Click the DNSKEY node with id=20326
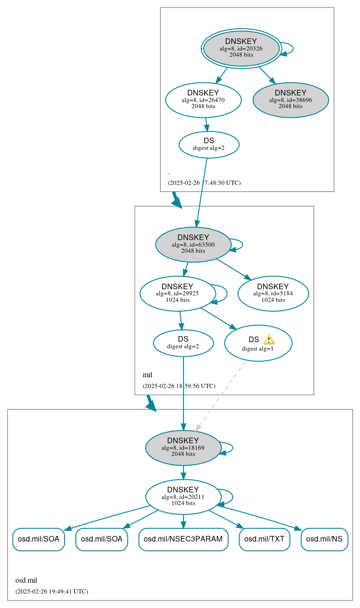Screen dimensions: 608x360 pyautogui.click(x=241, y=48)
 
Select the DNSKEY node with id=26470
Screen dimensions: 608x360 pyautogui.click(x=203, y=100)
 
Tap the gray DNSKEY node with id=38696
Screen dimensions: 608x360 pyautogui.click(x=290, y=100)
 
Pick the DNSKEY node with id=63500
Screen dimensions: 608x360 pyautogui.click(x=193, y=244)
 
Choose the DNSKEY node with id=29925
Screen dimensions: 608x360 pyautogui.click(x=177, y=293)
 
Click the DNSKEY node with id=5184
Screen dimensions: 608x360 pyautogui.click(x=273, y=293)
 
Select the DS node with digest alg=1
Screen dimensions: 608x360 pyautogui.click(x=258, y=344)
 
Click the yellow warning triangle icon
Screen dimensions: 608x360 pyautogui.click(x=269, y=339)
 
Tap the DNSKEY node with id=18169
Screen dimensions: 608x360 pyautogui.click(x=183, y=448)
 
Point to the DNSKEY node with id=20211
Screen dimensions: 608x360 pyautogui.click(x=183, y=497)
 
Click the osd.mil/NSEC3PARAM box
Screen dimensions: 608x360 pyautogui.click(x=183, y=539)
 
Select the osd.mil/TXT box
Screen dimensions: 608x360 pyautogui.click(x=264, y=539)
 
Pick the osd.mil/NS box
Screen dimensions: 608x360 pyautogui.click(x=324, y=539)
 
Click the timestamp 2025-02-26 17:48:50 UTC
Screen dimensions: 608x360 pyautogui.click(x=204, y=183)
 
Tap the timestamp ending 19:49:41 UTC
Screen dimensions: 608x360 pyautogui.click(x=51, y=591)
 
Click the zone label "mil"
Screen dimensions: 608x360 pyautogui.click(x=147, y=375)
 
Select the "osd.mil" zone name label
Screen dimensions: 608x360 pyautogui.click(x=26, y=580)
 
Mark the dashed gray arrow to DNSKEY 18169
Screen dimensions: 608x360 pyautogui.click(x=220, y=396)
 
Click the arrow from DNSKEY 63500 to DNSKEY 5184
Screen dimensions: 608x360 pyautogui.click(x=233, y=269)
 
